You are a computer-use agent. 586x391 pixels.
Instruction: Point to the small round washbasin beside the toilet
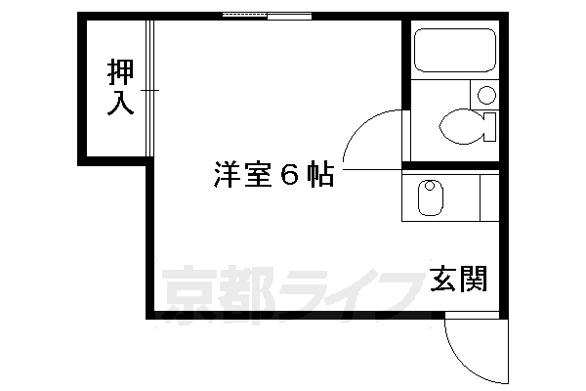point(485,96)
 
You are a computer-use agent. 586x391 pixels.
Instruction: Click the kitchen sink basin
point(430,199)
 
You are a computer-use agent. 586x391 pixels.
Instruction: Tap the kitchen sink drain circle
point(428,186)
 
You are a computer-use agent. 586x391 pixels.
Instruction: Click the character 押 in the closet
point(119,71)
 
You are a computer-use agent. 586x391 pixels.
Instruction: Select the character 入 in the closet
point(119,104)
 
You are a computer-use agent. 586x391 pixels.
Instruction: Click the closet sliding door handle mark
point(147,90)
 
